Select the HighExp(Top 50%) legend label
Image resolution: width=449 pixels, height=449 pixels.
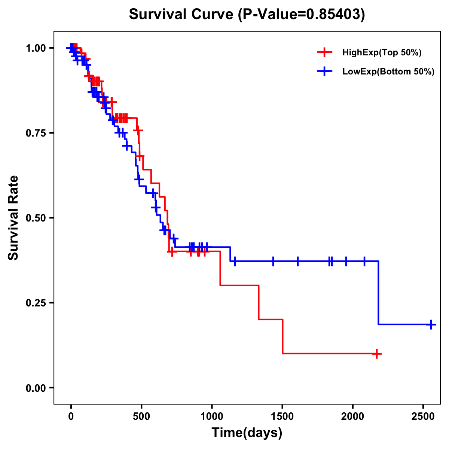(382, 53)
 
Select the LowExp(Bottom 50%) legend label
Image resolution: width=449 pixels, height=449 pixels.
(388, 72)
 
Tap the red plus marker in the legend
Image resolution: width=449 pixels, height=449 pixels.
(324, 53)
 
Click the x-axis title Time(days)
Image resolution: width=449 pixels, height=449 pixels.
(247, 433)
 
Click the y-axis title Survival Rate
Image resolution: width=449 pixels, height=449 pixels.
(13, 218)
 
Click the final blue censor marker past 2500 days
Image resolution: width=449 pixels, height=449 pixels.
(431, 324)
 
